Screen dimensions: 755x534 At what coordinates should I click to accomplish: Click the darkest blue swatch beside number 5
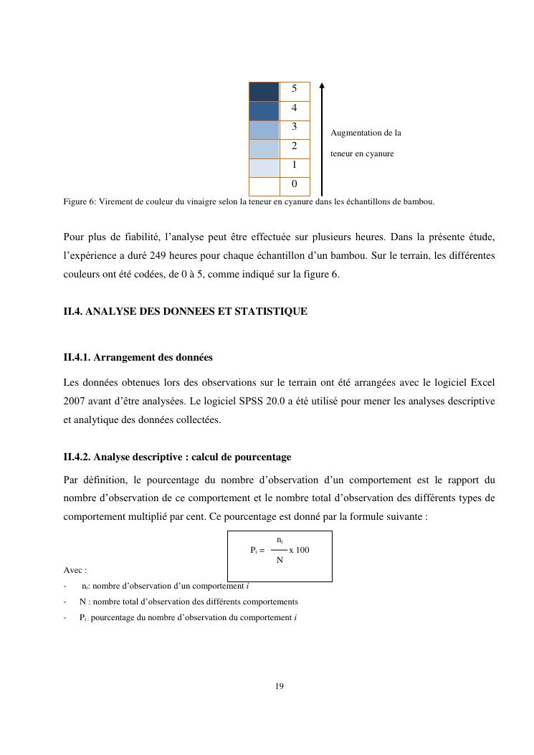264,92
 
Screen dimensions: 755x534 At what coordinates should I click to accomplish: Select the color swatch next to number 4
264,111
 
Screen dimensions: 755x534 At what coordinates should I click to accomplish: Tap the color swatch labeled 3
264,130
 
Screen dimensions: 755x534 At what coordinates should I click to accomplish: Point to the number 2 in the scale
295,146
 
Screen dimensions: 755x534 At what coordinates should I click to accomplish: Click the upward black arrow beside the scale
322,136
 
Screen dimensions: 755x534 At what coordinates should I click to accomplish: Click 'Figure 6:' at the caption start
80,201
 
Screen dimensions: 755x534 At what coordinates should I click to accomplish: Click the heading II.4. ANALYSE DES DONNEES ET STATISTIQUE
186,311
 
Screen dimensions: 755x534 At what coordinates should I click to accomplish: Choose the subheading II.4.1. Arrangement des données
138,357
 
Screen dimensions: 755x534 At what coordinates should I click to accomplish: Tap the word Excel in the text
480,383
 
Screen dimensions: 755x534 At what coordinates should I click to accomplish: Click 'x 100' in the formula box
299,549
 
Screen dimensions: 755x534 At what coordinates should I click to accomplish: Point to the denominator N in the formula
280,560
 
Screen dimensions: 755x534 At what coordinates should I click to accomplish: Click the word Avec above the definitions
74,571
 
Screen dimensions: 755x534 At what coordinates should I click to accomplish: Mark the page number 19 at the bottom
280,686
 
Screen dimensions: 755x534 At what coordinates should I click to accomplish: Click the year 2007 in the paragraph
77,402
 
